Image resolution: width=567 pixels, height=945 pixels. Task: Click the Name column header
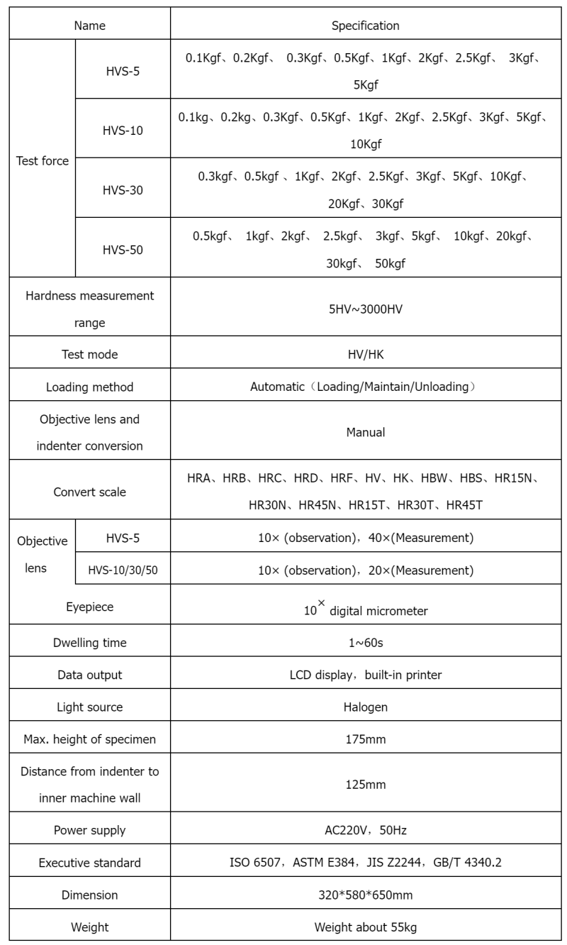click(x=89, y=26)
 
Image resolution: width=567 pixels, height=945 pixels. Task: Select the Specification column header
click(x=366, y=26)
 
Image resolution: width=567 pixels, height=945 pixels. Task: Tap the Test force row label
click(x=43, y=161)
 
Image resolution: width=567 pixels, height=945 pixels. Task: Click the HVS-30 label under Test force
click(x=123, y=191)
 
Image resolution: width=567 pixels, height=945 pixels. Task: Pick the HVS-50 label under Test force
click(x=123, y=250)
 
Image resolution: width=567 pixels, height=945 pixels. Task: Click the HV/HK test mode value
click(x=366, y=354)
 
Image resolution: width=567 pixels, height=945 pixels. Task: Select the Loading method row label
click(x=89, y=387)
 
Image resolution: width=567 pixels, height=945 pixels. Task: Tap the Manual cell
click(x=366, y=432)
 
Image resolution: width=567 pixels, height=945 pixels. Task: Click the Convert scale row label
click(x=89, y=492)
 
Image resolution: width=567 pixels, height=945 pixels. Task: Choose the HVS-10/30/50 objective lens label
click(x=123, y=570)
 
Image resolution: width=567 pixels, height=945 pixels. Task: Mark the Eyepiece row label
click(x=89, y=607)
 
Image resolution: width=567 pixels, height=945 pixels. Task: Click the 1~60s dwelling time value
click(x=366, y=643)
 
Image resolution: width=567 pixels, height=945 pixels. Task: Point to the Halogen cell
click(x=366, y=707)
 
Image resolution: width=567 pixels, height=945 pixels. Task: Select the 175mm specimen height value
click(x=366, y=740)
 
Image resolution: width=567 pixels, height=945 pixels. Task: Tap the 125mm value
click(x=366, y=785)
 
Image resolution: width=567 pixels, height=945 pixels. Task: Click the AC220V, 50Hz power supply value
click(x=366, y=830)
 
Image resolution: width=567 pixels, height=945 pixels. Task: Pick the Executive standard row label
click(x=89, y=863)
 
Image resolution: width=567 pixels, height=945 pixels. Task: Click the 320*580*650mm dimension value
click(x=366, y=895)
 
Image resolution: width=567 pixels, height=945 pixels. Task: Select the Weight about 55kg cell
click(x=366, y=927)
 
